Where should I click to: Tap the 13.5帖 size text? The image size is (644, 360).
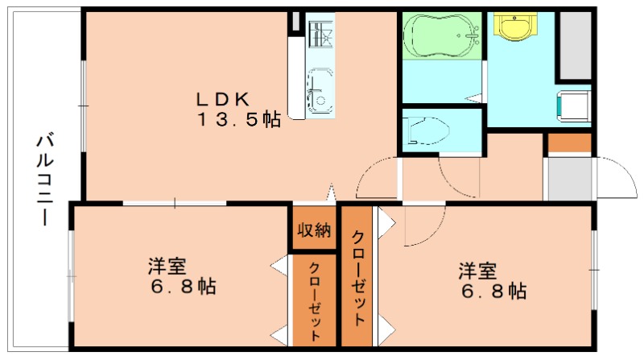click(240, 120)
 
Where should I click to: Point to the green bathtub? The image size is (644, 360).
click(440, 35)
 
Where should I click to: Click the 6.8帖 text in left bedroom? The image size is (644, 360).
click(183, 288)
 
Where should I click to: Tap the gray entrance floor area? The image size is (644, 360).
click(568, 178)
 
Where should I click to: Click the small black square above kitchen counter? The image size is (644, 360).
click(295, 23)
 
